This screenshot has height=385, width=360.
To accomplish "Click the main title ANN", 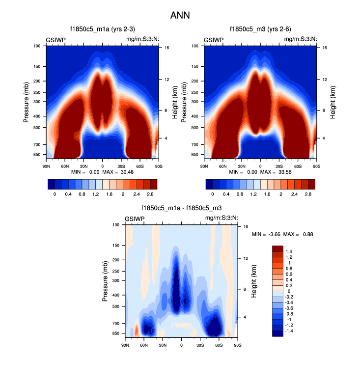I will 180,15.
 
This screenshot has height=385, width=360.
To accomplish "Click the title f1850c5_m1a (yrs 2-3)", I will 102,29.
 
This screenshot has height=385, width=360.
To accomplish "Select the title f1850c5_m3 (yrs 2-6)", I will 260,29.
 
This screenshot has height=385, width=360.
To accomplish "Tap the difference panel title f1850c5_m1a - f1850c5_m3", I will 181,208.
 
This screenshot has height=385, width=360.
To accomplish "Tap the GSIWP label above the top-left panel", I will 56,40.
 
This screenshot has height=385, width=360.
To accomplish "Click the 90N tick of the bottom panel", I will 125,345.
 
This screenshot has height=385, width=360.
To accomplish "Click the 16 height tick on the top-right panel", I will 325,48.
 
